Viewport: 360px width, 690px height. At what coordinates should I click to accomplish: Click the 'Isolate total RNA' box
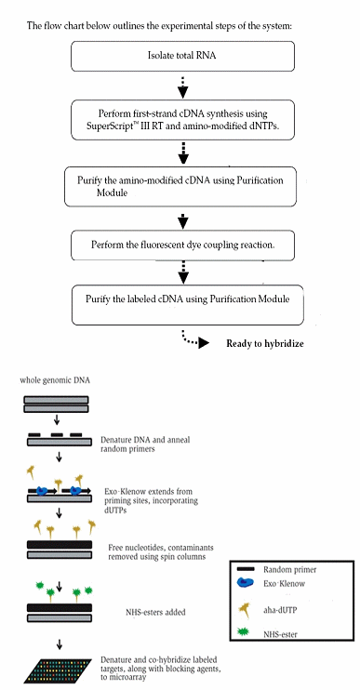coord(182,58)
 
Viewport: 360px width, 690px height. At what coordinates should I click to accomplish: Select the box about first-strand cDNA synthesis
coord(182,120)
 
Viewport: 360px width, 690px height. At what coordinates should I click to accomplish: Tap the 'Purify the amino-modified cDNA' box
coord(182,185)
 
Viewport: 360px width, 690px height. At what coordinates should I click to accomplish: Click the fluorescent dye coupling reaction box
coord(182,245)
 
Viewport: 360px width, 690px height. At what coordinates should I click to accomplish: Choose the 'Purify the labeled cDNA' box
coord(182,301)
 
